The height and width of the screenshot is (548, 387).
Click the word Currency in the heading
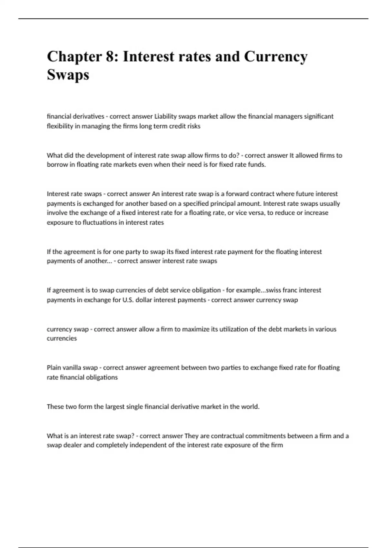coord(276,57)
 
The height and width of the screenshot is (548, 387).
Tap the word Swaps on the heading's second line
coord(68,75)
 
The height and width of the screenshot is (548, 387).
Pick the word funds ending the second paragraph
coord(258,165)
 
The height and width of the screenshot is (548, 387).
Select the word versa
coord(256,213)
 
